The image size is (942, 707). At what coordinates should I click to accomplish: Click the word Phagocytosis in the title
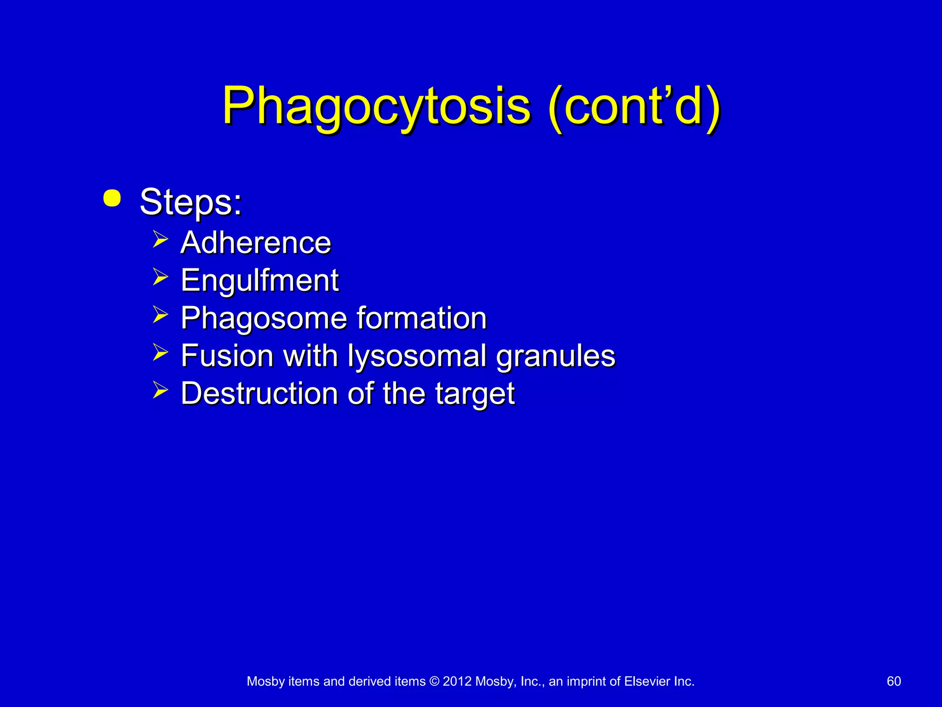pyautogui.click(x=376, y=107)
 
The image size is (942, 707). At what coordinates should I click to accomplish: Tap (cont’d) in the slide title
pyautogui.click(x=634, y=107)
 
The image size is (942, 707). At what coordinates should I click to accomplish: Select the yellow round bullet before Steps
pyautogui.click(x=112, y=198)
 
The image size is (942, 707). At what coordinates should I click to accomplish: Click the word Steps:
pyautogui.click(x=190, y=202)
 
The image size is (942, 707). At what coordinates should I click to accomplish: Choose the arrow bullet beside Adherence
pyautogui.click(x=160, y=239)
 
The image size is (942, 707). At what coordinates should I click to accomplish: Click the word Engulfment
pyautogui.click(x=260, y=280)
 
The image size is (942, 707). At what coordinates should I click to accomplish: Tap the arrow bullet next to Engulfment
pyautogui.click(x=160, y=277)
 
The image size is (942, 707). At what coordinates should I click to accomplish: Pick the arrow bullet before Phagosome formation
pyautogui.click(x=160, y=315)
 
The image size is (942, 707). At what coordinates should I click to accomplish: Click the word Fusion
pyautogui.click(x=227, y=356)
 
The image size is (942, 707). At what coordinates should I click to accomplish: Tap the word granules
pyautogui.click(x=556, y=356)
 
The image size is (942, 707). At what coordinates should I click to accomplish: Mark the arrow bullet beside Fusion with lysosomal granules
pyautogui.click(x=160, y=353)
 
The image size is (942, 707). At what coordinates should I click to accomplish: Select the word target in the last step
pyautogui.click(x=475, y=394)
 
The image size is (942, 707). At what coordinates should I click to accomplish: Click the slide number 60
pyautogui.click(x=894, y=681)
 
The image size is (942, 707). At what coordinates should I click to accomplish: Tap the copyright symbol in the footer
pyautogui.click(x=434, y=681)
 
